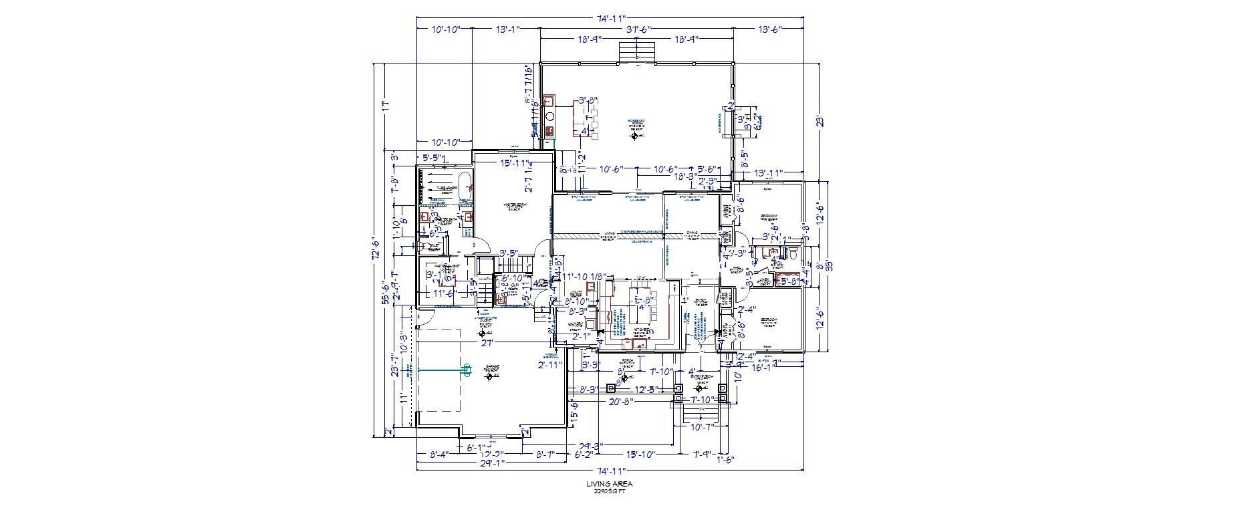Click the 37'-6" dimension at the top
638,29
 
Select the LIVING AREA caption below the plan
609,484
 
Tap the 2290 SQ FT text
609,491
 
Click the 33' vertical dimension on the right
830,265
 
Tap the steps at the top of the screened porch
636,51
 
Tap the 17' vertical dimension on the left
384,105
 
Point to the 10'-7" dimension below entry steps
702,426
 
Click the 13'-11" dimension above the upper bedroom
769,173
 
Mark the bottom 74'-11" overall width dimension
609,470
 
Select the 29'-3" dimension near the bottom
590,446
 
